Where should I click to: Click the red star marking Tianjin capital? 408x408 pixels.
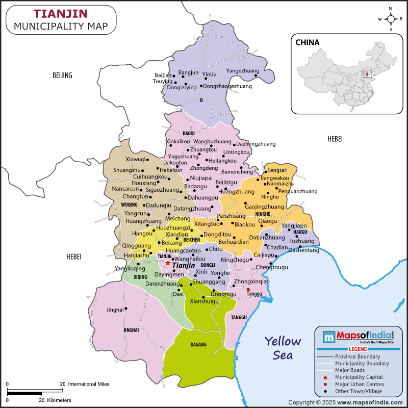pos(168,263)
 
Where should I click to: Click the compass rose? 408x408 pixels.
pos(391,19)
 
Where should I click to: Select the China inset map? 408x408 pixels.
pos(346,73)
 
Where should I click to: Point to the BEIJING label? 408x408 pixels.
pos(63,75)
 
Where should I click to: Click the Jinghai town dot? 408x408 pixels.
pos(126,308)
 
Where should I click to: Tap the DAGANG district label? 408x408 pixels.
pos(198,345)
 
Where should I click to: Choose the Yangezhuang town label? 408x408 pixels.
pos(243,71)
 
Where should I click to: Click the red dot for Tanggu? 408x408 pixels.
pos(248,289)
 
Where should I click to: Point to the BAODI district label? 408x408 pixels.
pos(189,133)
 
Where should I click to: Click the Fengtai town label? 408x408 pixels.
pos(276,170)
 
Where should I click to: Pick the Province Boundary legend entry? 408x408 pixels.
pos(357,356)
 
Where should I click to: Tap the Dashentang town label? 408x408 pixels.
pos(303,250)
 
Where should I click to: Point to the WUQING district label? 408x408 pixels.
pos(130,205)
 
